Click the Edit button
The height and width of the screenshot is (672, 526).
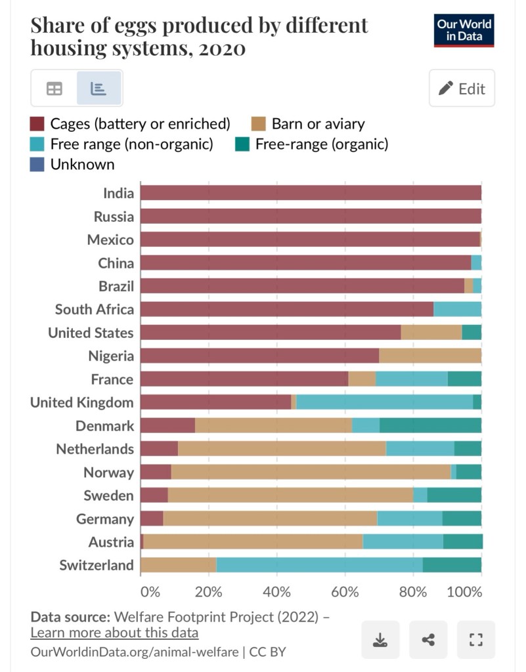pos(462,89)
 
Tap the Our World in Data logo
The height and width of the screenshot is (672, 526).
pos(464,30)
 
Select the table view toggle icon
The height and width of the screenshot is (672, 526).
pos(55,89)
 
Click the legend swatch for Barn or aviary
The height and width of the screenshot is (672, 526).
pos(259,123)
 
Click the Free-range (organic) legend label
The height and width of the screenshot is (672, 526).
pos(321,144)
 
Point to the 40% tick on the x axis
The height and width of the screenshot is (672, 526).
pos(277,591)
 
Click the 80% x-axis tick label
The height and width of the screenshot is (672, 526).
pos(413,591)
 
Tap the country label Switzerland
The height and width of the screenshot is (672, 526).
pos(97,565)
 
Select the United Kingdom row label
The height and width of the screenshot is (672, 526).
pos(82,402)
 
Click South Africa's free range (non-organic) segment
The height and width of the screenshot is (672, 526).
pos(457,309)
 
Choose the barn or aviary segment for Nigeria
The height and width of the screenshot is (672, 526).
pos(430,356)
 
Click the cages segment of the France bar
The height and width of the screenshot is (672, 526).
pos(244,379)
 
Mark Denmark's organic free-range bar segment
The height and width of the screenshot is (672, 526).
pos(430,425)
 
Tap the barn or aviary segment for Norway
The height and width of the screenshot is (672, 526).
pos(311,472)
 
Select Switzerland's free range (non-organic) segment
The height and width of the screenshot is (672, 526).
pos(319,565)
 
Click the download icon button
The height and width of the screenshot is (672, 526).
pos(380,639)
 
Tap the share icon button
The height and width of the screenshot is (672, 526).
pos(428,639)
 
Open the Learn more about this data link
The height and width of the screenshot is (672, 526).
pos(114,633)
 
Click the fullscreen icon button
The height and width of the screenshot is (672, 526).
pos(476,639)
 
